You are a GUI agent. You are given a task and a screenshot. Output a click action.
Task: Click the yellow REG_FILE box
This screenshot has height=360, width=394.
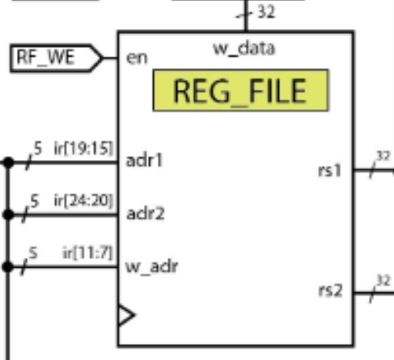coord(242,90)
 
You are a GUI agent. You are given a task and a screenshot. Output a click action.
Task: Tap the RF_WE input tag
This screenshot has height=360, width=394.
coord(53,58)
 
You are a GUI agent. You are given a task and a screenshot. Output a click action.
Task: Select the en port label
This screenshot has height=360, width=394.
coord(136,58)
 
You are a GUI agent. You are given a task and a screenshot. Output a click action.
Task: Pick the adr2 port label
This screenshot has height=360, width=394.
coord(145,214)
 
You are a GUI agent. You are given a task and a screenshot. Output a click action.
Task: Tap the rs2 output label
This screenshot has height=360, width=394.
coord(332,290)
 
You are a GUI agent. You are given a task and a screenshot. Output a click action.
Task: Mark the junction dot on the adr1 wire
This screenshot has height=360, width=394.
coord(7,162)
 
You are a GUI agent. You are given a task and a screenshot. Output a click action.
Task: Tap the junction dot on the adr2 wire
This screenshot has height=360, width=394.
coord(7,214)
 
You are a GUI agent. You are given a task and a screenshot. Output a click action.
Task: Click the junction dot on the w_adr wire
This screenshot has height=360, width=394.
coord(7,266)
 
